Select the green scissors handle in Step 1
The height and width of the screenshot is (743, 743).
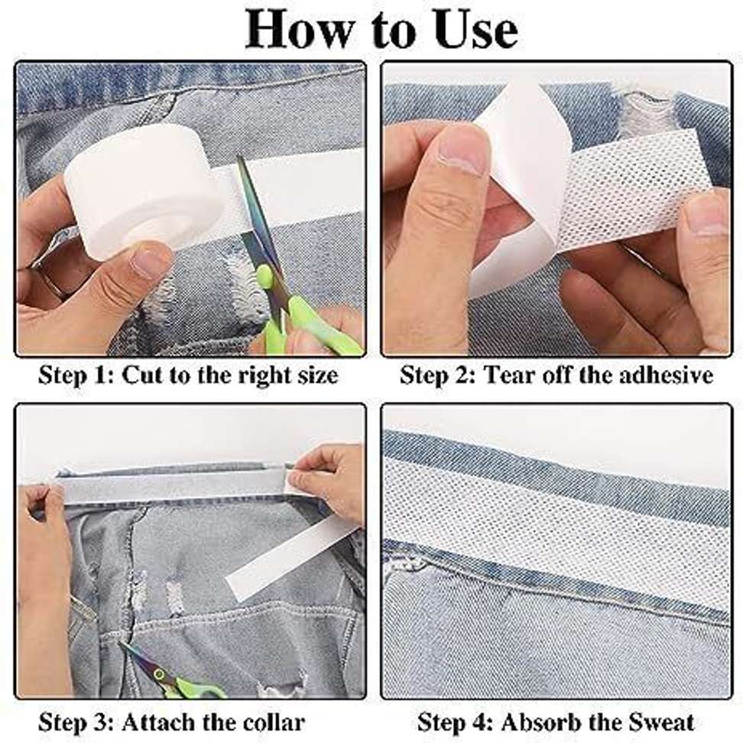pos(313,325)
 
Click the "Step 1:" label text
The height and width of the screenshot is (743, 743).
pos(76,375)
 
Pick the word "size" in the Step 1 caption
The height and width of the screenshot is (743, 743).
pos(313,375)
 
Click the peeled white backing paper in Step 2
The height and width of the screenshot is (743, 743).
pos(520,176)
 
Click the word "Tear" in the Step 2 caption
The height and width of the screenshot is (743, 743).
pos(507,375)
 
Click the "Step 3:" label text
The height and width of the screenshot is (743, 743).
pos(76,722)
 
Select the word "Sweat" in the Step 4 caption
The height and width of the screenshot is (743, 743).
pos(657,722)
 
